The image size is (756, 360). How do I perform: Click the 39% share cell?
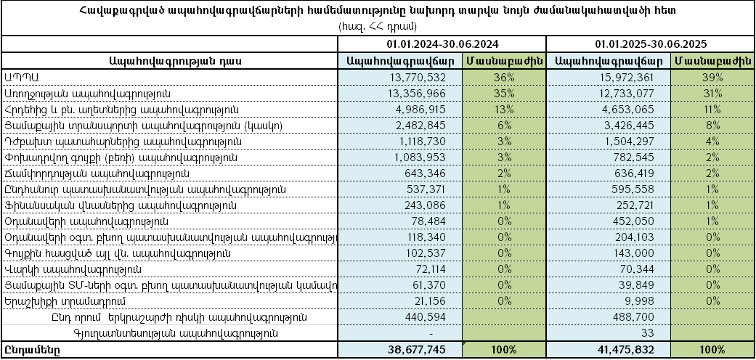pos(712,78)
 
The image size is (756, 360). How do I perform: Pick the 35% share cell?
pos(504,94)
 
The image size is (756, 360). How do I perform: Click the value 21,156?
pos(439,301)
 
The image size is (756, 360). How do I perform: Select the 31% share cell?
pos(712,94)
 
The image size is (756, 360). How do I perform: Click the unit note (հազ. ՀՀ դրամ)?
pos(377,26)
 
